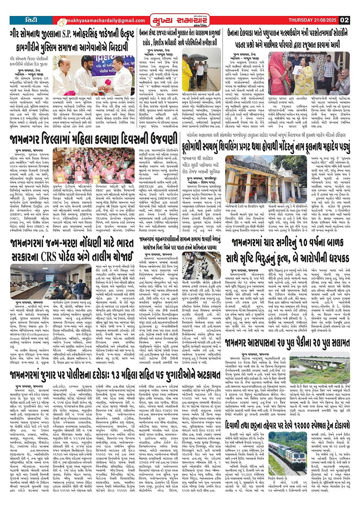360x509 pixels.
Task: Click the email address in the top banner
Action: point(100,21)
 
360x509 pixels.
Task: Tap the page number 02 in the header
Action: point(344,20)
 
